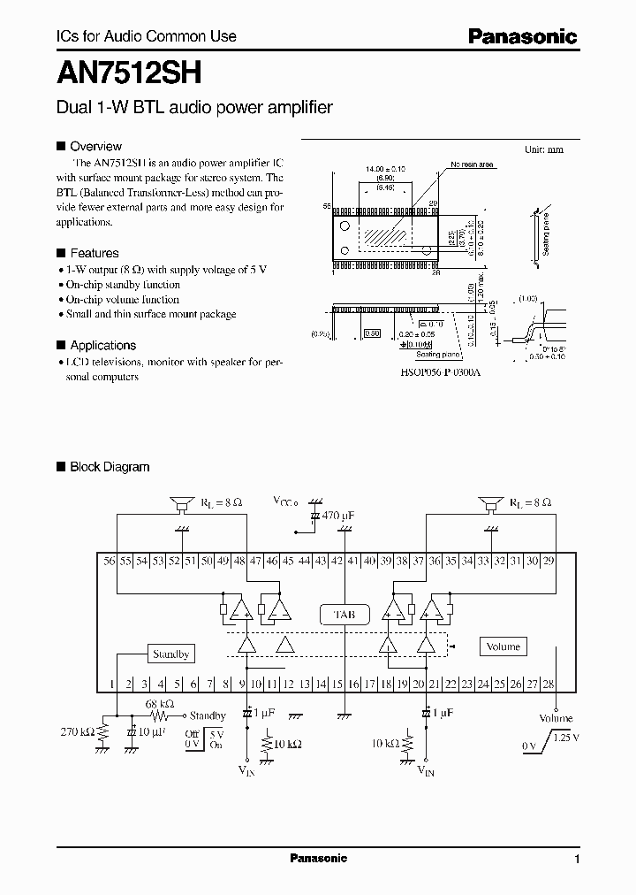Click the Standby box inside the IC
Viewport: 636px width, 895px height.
pyautogui.click(x=170, y=654)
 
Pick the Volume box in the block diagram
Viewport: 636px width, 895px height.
pyautogui.click(x=503, y=646)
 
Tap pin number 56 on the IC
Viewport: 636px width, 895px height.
pyautogui.click(x=110, y=561)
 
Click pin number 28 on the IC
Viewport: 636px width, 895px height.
pyautogui.click(x=548, y=684)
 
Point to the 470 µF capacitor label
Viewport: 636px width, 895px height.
pyautogui.click(x=337, y=515)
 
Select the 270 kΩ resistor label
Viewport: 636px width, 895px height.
pyautogui.click(x=76, y=732)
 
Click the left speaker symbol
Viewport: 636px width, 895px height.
pyautogui.click(x=183, y=503)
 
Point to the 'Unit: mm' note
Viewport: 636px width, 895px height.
pyautogui.click(x=543, y=149)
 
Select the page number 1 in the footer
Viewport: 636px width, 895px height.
pyautogui.click(x=577, y=860)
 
